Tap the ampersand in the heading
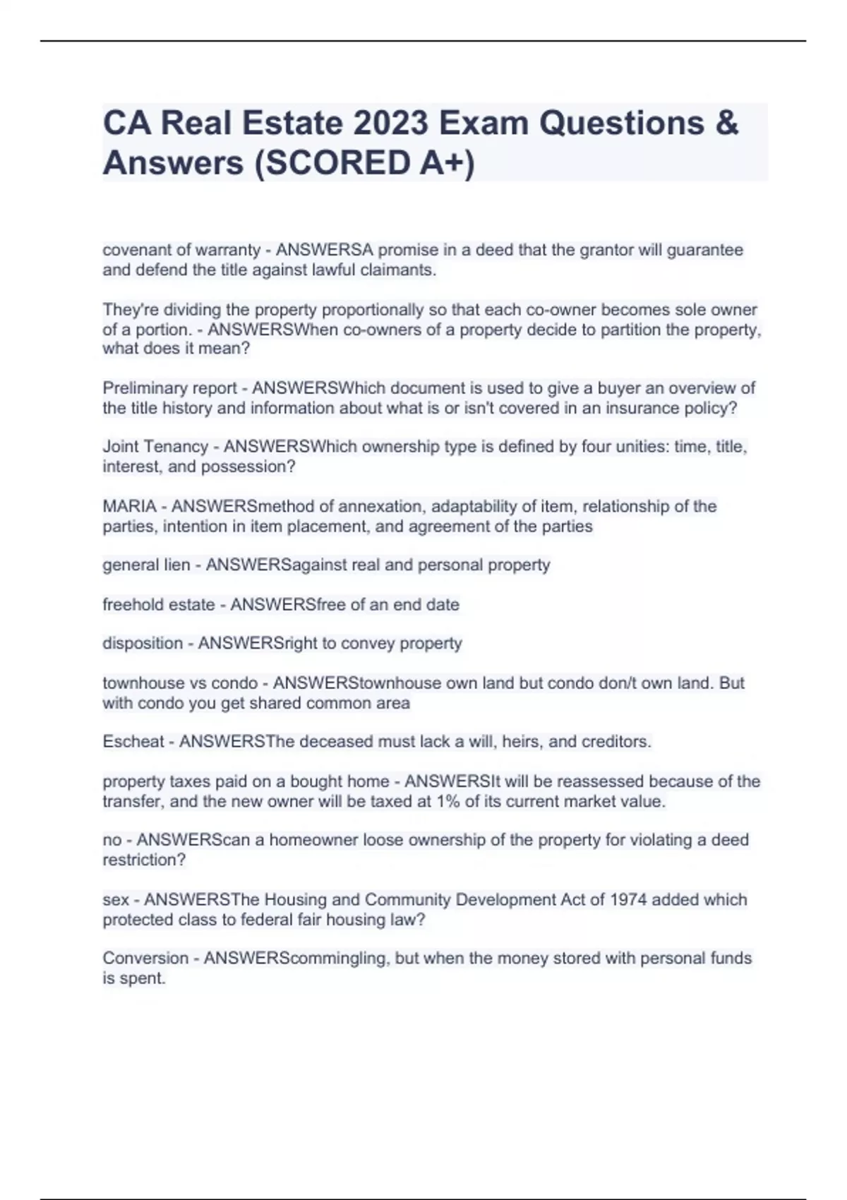tap(727, 123)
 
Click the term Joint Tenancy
tap(155, 447)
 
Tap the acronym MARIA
tap(129, 506)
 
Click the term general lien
tap(146, 565)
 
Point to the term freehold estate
tap(159, 604)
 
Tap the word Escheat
tap(133, 741)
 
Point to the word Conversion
tap(145, 958)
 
